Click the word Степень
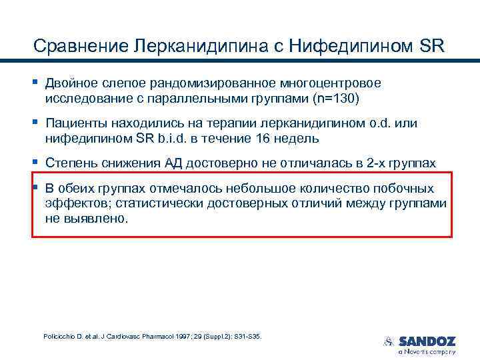pyautogui.click(x=71, y=163)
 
